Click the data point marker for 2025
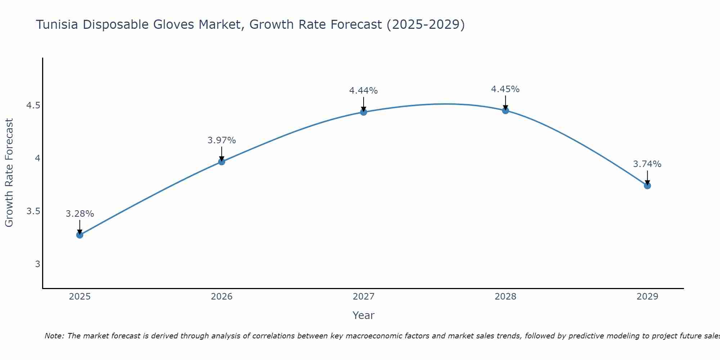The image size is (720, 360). (80, 235)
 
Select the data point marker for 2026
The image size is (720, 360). (221, 162)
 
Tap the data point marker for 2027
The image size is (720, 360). (364, 112)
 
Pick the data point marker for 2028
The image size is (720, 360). (505, 111)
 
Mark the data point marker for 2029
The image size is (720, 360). (647, 186)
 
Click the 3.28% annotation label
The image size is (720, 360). (80, 214)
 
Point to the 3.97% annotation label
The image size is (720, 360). (221, 140)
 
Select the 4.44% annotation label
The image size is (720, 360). (364, 91)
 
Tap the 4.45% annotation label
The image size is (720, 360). (505, 89)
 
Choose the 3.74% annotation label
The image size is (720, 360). (647, 164)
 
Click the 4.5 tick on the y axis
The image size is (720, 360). (33, 105)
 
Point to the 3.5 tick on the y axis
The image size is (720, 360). (33, 211)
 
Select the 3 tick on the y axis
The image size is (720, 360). (37, 264)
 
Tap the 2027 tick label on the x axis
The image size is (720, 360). (364, 297)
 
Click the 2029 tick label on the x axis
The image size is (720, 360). (647, 297)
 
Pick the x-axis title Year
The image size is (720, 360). (364, 315)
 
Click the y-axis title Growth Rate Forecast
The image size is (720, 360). (9, 173)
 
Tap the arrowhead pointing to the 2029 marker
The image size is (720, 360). (647, 182)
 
